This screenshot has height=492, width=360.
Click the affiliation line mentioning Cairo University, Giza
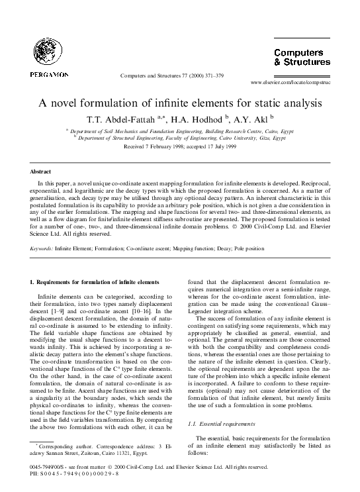180,138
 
